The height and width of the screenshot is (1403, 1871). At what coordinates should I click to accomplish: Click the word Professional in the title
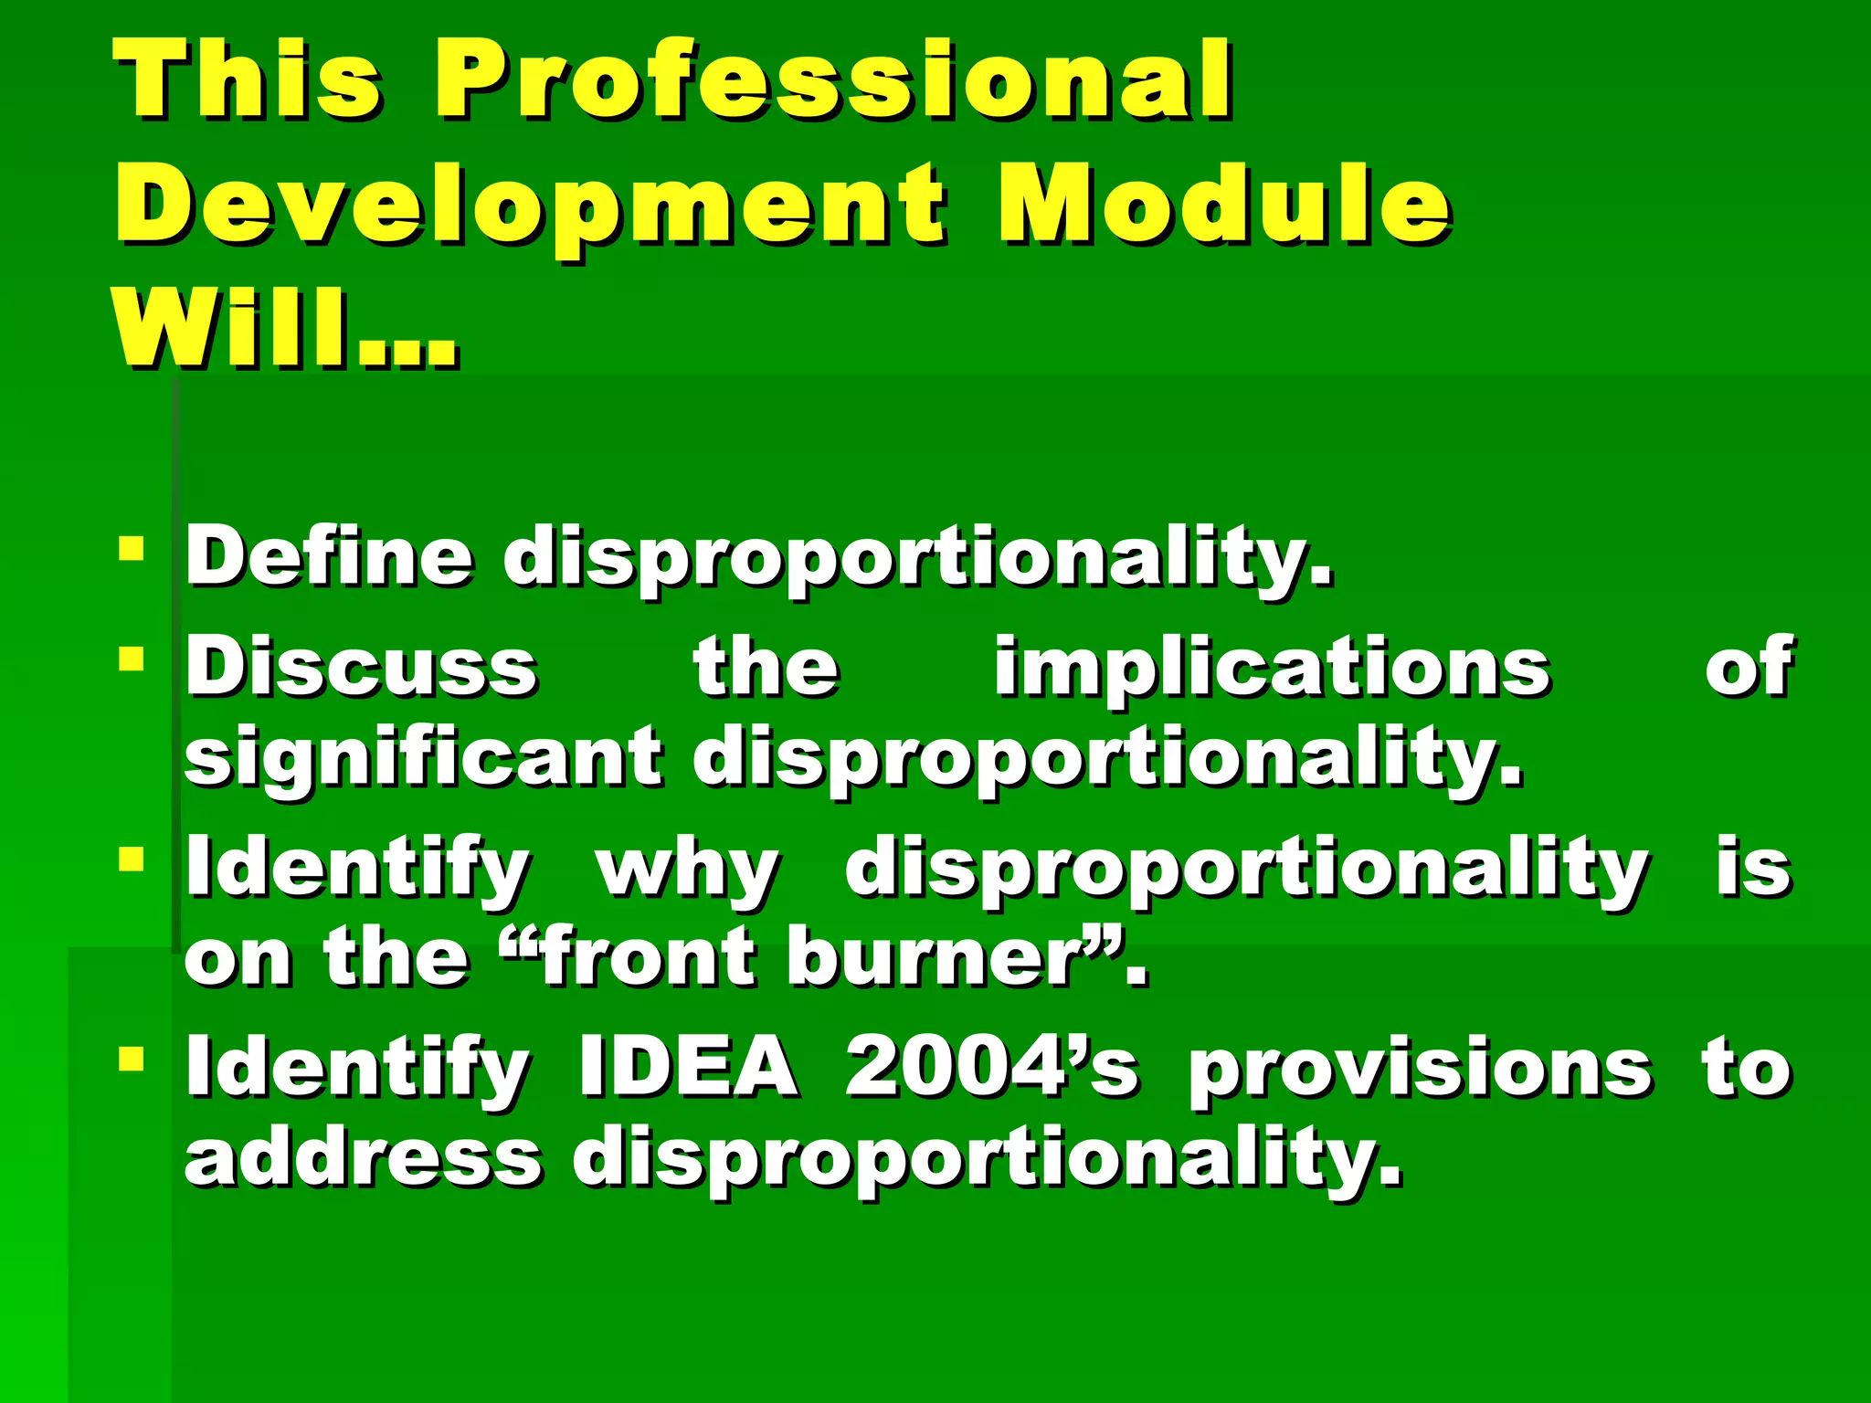click(x=833, y=82)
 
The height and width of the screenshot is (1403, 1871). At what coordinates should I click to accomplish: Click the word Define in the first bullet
click(x=329, y=557)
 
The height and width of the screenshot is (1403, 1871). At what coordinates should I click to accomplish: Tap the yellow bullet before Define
click(x=132, y=548)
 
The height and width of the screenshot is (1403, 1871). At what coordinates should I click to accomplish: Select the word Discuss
click(x=361, y=667)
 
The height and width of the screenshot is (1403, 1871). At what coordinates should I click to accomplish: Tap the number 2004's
click(x=991, y=1067)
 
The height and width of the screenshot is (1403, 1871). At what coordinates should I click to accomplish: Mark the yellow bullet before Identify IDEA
click(x=132, y=1059)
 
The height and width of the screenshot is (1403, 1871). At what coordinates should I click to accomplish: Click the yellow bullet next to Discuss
click(x=132, y=658)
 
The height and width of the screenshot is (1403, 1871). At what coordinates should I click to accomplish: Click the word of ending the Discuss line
click(x=1748, y=667)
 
